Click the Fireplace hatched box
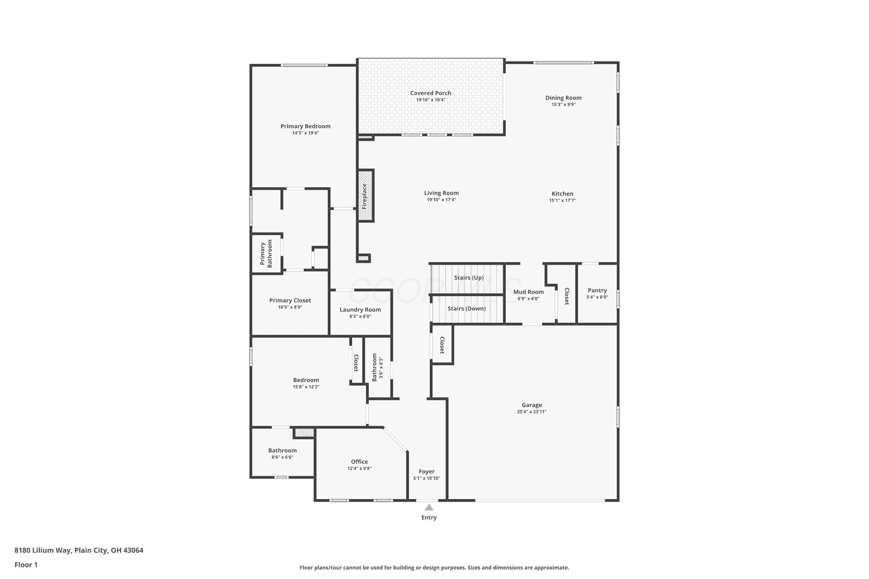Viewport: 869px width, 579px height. (366, 196)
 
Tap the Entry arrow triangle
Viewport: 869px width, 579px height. (429, 507)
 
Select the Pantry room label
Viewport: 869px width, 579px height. (597, 291)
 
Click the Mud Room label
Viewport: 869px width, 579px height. (528, 292)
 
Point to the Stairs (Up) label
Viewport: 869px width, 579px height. (469, 277)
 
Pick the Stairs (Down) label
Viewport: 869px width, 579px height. (467, 308)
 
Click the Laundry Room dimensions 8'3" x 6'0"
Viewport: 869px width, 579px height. (360, 316)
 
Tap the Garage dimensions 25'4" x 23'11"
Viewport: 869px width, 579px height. (532, 411)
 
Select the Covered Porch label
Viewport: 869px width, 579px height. (431, 93)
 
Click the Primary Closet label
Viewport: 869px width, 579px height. (290, 300)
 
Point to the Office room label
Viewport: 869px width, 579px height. (359, 462)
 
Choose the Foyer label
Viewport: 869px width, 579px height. (426, 471)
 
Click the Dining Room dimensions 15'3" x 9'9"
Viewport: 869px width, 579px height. (563, 104)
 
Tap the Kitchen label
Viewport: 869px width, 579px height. (562, 193)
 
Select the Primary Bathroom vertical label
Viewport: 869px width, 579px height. (266, 254)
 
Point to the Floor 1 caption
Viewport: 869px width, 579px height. (26, 565)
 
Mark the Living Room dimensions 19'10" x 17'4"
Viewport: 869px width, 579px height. (441, 200)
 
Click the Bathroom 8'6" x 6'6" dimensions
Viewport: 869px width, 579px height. (283, 457)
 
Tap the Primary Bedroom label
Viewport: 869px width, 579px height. (306, 126)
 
